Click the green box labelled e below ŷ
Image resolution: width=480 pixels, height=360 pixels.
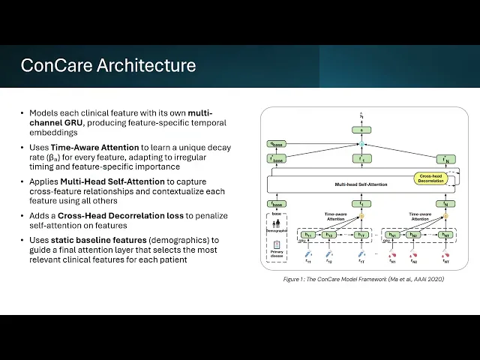click(361, 130)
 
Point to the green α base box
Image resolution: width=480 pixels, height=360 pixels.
click(277, 143)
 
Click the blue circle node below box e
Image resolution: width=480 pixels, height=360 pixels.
click(361, 143)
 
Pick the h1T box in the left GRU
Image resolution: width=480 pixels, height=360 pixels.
click(361, 235)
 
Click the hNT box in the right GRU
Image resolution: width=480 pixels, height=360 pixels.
click(444, 235)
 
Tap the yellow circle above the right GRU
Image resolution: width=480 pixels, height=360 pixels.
click(444, 217)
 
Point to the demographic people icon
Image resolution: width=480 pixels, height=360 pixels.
click(277, 223)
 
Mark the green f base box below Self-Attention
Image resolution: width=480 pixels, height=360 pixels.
click(277, 204)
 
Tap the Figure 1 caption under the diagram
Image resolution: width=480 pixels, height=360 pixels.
click(364, 278)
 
